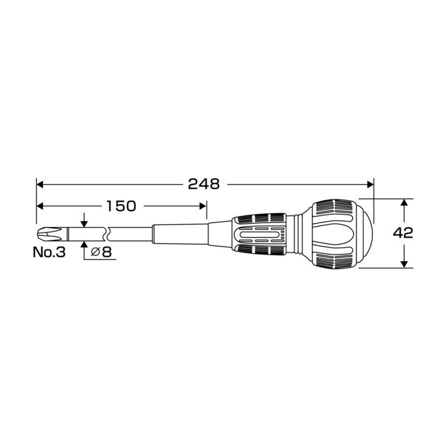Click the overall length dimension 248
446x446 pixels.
point(204,184)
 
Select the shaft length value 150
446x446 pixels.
point(121,206)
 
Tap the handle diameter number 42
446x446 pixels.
point(403,233)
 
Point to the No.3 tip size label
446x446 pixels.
point(49,252)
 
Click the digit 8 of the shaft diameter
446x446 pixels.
point(107,252)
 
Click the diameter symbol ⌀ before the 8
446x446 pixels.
point(96,252)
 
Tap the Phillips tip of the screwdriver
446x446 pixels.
point(49,234)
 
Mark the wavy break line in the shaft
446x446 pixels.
point(107,234)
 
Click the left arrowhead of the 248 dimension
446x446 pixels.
point(40,184)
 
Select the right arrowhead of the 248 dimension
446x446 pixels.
point(371,184)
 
